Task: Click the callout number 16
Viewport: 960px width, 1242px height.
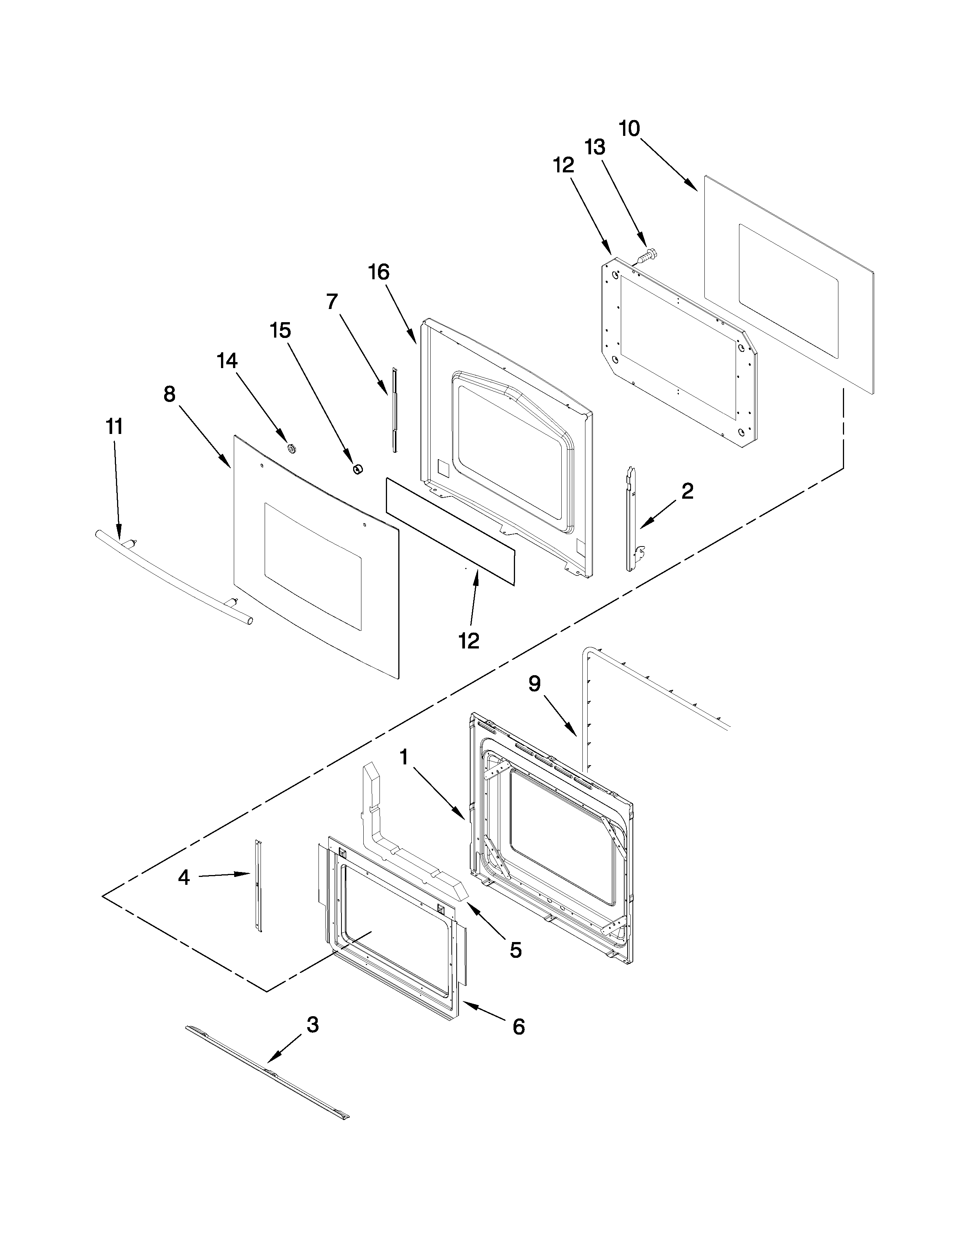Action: pos(379,272)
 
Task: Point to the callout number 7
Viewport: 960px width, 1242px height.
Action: pos(332,301)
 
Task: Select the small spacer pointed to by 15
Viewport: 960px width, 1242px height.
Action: pos(358,469)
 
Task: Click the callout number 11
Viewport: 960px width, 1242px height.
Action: pos(114,426)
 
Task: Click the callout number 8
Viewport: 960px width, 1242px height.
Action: pos(169,394)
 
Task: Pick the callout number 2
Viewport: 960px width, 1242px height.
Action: pos(687,491)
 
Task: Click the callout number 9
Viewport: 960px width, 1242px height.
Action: pos(534,684)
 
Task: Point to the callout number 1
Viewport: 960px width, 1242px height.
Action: pos(404,758)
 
